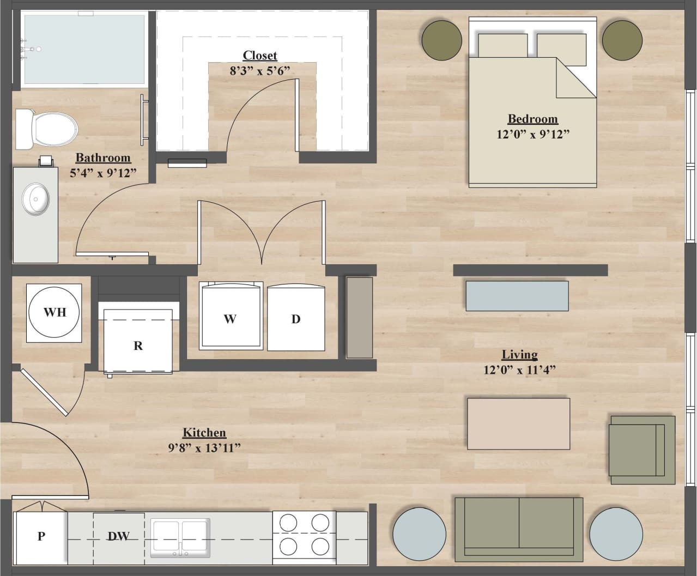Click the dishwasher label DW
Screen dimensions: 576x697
(x=118, y=536)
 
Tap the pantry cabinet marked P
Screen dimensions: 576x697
(x=41, y=537)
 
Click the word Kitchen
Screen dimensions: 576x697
(x=204, y=433)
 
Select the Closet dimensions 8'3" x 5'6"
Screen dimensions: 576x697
(x=259, y=70)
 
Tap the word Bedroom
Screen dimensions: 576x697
(x=532, y=119)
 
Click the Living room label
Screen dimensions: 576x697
(x=519, y=355)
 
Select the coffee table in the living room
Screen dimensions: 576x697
(x=518, y=423)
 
